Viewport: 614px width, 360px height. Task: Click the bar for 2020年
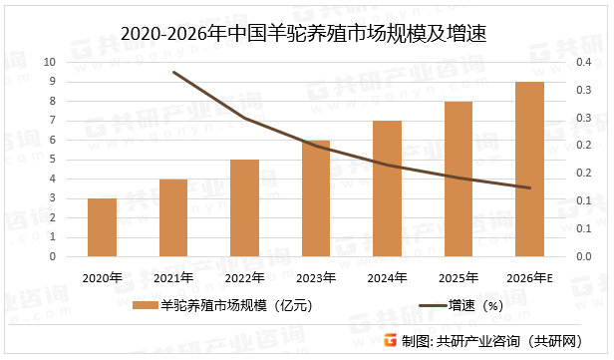(102, 227)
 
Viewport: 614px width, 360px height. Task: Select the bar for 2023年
(315, 198)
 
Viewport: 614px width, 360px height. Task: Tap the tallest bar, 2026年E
(529, 169)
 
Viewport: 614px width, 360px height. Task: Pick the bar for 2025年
(459, 179)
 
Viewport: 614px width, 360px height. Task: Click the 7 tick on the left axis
(53, 121)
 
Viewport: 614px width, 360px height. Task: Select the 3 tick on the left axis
(53, 198)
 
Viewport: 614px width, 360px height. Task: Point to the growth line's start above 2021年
(173, 72)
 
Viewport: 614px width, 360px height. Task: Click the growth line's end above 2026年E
(529, 187)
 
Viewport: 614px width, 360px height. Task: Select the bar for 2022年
(244, 207)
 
